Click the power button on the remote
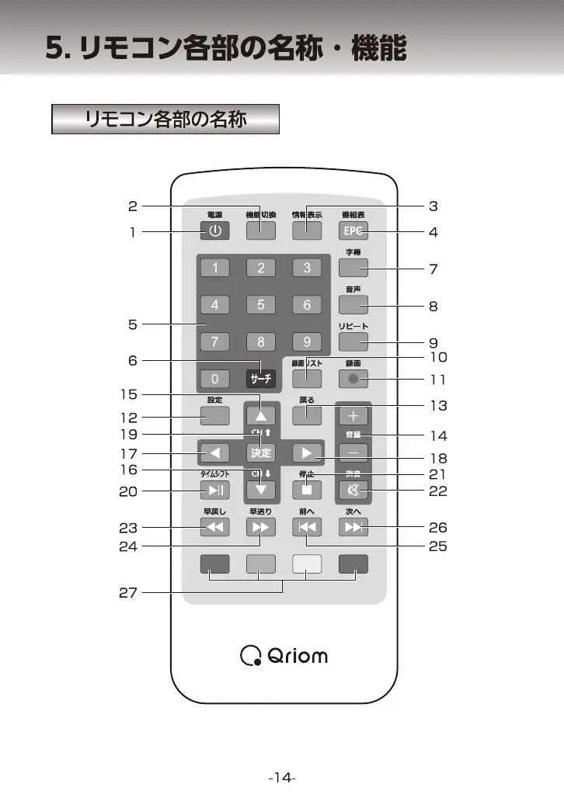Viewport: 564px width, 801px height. point(215,231)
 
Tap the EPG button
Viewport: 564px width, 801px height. point(353,231)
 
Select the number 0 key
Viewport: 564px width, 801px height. point(215,379)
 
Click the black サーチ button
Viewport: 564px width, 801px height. point(261,379)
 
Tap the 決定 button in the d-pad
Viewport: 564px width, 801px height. point(261,453)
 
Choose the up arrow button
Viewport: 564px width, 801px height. point(261,415)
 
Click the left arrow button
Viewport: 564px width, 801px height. point(215,453)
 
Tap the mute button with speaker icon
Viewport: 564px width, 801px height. point(353,490)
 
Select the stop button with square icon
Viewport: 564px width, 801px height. point(307,490)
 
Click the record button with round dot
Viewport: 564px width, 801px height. point(353,379)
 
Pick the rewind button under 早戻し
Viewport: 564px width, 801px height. point(215,528)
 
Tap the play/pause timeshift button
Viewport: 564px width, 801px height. point(215,490)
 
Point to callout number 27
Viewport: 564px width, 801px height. point(128,593)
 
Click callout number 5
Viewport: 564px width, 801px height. point(132,324)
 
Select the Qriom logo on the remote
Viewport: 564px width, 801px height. point(284,657)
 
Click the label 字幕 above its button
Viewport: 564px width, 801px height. point(353,252)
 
